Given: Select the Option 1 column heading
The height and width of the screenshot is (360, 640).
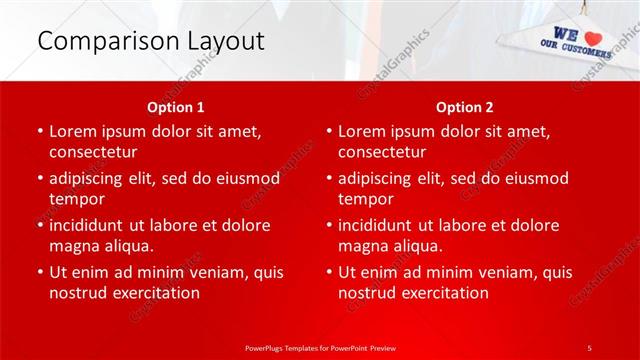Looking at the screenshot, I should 176,106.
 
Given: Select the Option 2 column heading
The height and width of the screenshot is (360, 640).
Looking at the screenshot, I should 464,106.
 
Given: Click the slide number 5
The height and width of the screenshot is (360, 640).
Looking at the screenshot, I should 590,346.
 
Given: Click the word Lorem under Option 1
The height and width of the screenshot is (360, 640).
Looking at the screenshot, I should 73,131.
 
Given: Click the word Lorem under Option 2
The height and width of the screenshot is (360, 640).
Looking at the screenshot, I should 362,131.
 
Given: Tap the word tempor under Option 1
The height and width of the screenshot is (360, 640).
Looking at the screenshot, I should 77,199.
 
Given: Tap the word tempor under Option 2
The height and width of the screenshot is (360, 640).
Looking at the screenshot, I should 366,199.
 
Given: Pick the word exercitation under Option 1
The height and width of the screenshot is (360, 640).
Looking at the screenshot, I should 154,293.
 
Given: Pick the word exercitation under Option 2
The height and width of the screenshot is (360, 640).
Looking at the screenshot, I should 443,293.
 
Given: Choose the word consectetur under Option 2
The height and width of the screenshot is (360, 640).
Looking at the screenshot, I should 382,152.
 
